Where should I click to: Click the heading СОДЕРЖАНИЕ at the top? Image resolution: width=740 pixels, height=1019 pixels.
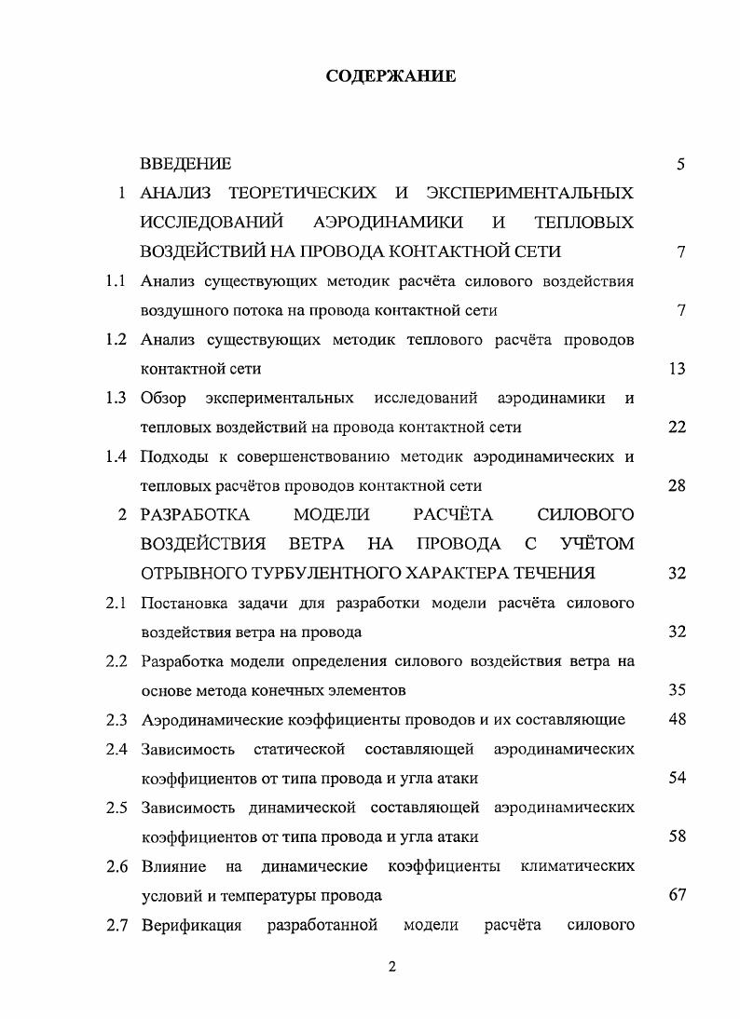[391, 76]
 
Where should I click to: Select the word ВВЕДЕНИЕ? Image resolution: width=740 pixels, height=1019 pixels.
[185, 165]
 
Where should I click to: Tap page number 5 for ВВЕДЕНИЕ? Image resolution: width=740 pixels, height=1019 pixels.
[681, 165]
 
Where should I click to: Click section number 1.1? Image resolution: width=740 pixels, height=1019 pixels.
[116, 281]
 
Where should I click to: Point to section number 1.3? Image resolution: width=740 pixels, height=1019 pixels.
[116, 399]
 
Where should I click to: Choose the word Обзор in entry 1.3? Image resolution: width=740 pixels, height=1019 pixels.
[163, 399]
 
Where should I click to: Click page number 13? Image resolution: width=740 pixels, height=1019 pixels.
[678, 369]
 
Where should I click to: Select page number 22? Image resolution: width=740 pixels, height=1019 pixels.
[678, 428]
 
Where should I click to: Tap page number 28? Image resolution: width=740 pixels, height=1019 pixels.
[678, 485]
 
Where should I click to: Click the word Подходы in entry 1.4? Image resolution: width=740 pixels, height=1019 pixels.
[173, 456]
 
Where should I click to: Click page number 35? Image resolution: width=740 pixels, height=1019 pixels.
[678, 690]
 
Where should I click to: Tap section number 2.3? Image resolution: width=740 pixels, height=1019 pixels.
[116, 720]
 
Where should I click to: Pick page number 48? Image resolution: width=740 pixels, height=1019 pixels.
[678, 719]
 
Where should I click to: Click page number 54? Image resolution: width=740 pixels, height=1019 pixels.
[678, 778]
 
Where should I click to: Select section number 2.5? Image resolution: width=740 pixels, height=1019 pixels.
[116, 808]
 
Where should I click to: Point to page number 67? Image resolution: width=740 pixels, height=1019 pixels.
[678, 895]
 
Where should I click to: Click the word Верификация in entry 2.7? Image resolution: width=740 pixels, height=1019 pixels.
[192, 925]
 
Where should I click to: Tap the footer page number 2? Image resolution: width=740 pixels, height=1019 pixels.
[391, 967]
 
